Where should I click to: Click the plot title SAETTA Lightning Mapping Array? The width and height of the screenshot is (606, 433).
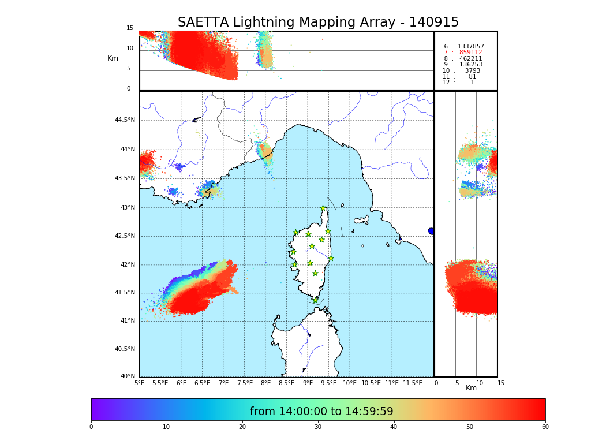[x=318, y=23]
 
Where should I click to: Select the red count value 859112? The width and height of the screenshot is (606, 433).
[x=470, y=53]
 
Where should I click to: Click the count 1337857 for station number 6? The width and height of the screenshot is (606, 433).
[x=470, y=46]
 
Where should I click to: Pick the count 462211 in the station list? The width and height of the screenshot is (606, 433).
[x=470, y=58]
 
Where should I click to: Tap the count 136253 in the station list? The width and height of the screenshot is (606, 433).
[x=470, y=65]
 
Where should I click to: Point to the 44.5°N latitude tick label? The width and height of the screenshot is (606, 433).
[x=125, y=120]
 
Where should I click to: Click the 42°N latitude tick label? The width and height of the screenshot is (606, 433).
[x=127, y=265]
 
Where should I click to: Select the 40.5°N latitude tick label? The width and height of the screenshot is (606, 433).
[x=125, y=349]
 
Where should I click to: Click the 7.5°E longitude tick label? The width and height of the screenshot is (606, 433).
[x=245, y=383]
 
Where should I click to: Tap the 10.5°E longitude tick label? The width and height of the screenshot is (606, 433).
[x=371, y=383]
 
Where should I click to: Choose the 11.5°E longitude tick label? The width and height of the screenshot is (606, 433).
[x=413, y=383]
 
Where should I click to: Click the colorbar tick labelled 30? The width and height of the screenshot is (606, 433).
[x=318, y=427]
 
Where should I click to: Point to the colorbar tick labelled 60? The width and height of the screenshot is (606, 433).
[x=545, y=427]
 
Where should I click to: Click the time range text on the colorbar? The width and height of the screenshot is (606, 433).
[x=321, y=412]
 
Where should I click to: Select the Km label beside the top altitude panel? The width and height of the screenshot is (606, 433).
[x=113, y=58]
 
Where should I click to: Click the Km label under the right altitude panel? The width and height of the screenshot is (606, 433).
[x=472, y=388]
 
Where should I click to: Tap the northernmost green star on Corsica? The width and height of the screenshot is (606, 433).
[x=323, y=208]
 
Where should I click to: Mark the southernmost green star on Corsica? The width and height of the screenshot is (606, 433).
[x=315, y=300]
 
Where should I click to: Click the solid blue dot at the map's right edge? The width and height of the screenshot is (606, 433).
[x=431, y=231]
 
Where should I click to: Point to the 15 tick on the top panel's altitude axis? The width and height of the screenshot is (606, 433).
[x=130, y=28]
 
